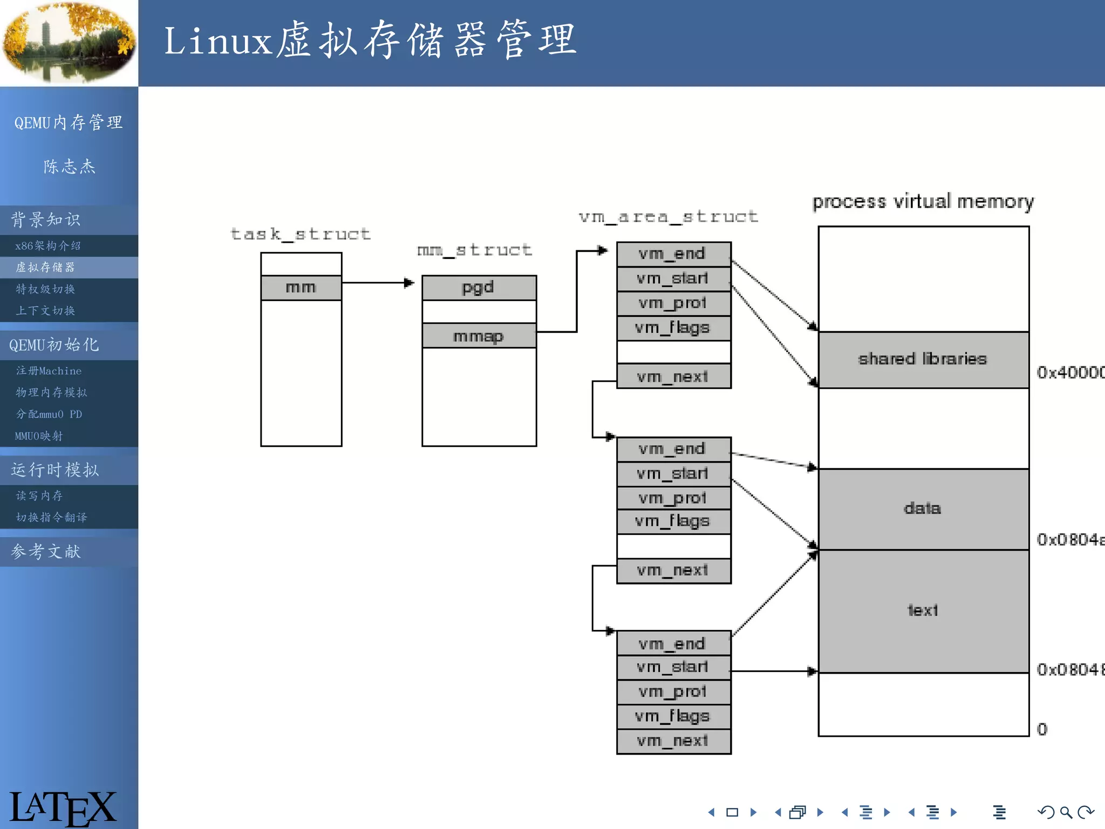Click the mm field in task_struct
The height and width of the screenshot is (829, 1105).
click(301, 288)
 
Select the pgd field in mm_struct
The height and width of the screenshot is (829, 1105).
click(479, 288)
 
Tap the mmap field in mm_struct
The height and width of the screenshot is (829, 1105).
click(479, 336)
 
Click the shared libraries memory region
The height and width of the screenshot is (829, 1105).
click(923, 359)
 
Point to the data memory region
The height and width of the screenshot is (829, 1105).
click(923, 508)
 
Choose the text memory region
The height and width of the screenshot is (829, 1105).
click(923, 610)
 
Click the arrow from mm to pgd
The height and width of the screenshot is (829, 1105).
click(378, 282)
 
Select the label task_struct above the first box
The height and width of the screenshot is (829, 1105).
click(301, 234)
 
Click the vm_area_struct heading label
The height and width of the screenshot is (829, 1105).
click(669, 217)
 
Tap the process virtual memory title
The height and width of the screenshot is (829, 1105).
click(923, 201)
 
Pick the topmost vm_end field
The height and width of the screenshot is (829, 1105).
click(673, 254)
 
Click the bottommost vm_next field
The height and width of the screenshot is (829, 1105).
click(673, 741)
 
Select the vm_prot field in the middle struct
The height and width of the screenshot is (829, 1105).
click(673, 498)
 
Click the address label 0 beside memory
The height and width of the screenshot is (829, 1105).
click(1042, 730)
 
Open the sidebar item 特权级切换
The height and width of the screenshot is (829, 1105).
click(46, 289)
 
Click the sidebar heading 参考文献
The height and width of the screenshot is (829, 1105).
click(46, 552)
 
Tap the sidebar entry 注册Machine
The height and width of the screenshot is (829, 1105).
click(49, 371)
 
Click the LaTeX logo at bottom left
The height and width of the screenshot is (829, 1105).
click(62, 807)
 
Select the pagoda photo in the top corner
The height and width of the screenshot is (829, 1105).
click(69, 43)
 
